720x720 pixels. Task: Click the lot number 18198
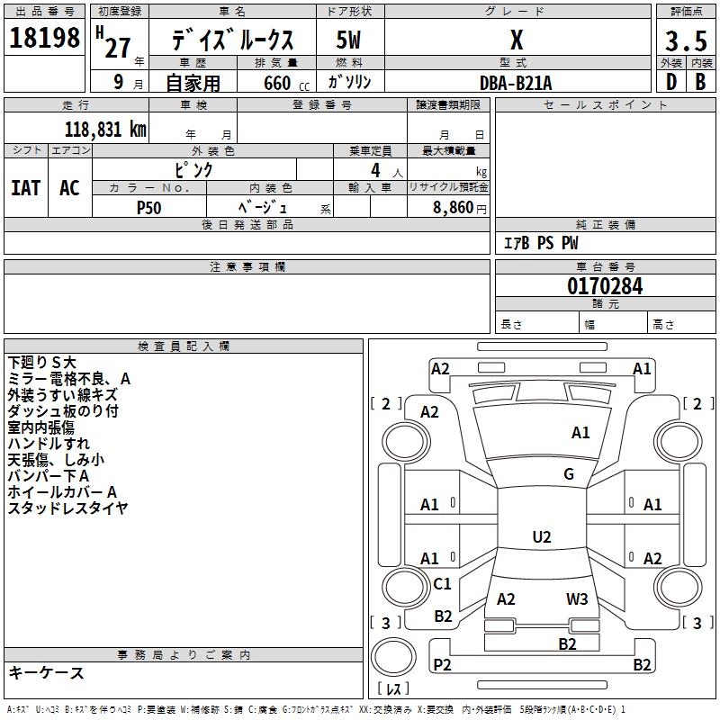pos(44,38)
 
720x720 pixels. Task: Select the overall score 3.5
pos(686,40)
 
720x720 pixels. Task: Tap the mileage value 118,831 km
pos(105,130)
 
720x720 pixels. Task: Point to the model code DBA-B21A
pos(516,83)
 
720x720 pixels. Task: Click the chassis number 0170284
pos(605,286)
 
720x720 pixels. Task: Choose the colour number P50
pos(148,208)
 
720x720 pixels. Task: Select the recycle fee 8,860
pos(453,208)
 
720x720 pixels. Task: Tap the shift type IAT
pos(26,188)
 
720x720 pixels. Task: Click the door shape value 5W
pos(348,40)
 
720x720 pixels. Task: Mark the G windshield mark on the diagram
pos(569,474)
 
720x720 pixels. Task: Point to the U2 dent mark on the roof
pos(542,536)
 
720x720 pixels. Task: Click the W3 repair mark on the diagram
pos(577,599)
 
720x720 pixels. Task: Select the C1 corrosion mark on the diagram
pos(442,583)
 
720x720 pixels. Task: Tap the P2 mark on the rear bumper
pos(442,664)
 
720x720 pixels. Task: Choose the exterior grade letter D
pos(671,82)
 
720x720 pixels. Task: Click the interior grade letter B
pos(700,82)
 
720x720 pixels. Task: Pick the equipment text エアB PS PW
pos(541,243)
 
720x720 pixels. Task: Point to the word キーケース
pos(46,672)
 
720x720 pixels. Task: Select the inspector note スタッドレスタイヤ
pos(67,508)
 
